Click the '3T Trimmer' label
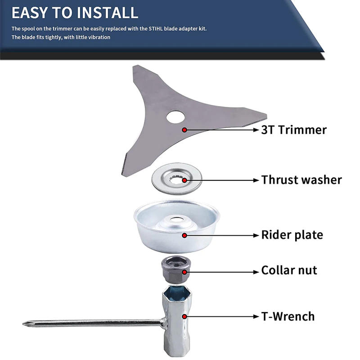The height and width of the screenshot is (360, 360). pyautogui.click(x=294, y=130)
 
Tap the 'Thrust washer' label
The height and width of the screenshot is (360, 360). pyautogui.click(x=301, y=180)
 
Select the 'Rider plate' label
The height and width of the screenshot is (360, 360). pyautogui.click(x=292, y=234)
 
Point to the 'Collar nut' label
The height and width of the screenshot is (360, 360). pyautogui.click(x=289, y=270)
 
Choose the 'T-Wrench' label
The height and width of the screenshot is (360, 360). pyautogui.click(x=288, y=316)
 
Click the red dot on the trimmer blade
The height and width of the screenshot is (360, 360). pyautogui.click(x=184, y=130)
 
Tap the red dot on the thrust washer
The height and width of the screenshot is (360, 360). pyautogui.click(x=184, y=180)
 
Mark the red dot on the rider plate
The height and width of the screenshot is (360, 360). pyautogui.click(x=184, y=235)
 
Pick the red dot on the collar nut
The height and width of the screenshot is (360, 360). pyautogui.click(x=184, y=272)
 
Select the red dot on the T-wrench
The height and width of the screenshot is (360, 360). pyautogui.click(x=184, y=317)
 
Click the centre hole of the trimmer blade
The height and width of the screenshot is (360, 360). pyautogui.click(x=175, y=117)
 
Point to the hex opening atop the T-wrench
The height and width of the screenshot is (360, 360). pyautogui.click(x=177, y=294)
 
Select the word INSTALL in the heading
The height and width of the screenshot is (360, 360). pyautogui.click(x=107, y=13)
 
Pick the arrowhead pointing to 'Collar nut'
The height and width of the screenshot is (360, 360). pyautogui.click(x=256, y=272)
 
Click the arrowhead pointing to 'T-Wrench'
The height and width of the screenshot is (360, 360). pyautogui.click(x=256, y=317)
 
